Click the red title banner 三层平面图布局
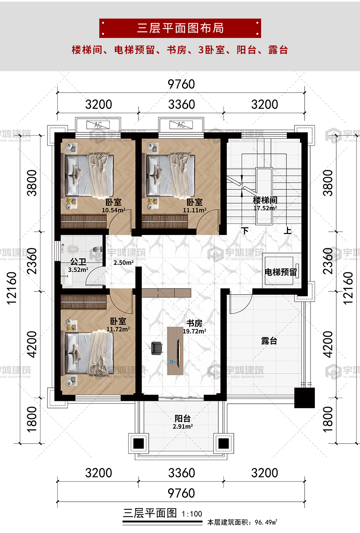coord(180,28)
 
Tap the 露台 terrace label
coord(269,341)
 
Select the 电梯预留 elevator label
coord(281,272)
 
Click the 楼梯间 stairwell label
coord(265,200)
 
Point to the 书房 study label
coord(194,323)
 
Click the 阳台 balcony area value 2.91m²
coord(183,426)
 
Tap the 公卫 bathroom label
coord(78,262)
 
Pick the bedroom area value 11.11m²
coord(195,210)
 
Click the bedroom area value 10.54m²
coord(114,210)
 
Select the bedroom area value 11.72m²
coord(118,329)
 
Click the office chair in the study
coord(157,348)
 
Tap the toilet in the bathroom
coord(72,249)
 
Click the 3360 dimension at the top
coord(182,104)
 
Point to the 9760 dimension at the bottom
coord(181,493)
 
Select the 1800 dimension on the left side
coord(32,419)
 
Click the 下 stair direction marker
coord(245,231)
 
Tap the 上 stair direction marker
coord(288,231)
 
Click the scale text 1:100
coord(192,514)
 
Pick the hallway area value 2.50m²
coord(123,263)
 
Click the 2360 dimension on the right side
coord(328,261)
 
